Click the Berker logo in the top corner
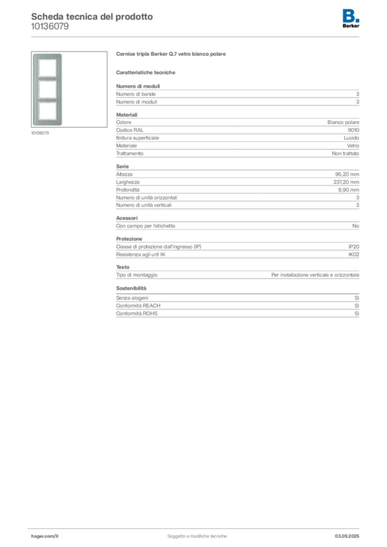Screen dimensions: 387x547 351,19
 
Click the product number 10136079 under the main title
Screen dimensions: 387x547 50,27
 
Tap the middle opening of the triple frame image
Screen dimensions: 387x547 48,89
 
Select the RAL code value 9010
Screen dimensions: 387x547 353,130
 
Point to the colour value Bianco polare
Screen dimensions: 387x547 343,122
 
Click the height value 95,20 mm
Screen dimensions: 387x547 347,174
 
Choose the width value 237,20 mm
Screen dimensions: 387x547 346,182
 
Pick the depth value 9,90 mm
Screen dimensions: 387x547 349,190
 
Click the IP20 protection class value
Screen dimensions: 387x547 353,247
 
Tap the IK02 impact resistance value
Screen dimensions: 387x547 353,255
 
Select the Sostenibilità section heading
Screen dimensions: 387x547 131,288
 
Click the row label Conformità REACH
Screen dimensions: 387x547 138,306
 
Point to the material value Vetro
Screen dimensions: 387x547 353,146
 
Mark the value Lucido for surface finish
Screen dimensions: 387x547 351,138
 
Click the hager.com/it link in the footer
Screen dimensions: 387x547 45,536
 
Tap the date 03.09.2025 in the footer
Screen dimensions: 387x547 347,536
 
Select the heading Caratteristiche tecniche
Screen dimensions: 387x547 145,73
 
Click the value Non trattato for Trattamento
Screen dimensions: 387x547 345,153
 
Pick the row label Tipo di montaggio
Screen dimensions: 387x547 137,275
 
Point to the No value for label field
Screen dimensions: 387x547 355,226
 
